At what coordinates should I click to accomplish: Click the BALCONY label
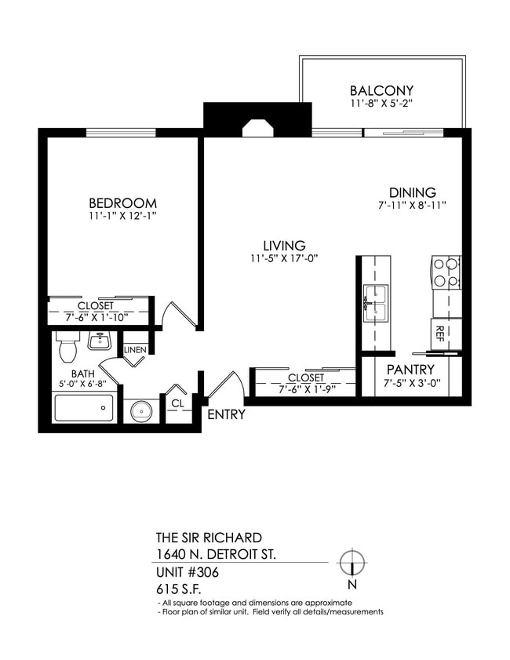pyautogui.click(x=381, y=90)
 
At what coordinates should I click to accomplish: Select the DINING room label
pyautogui.click(x=413, y=192)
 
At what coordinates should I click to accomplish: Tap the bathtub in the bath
pyautogui.click(x=83, y=408)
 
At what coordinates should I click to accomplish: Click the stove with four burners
pyautogui.click(x=446, y=273)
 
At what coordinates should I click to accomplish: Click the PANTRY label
pyautogui.click(x=410, y=370)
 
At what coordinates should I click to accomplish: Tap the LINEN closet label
pyautogui.click(x=134, y=349)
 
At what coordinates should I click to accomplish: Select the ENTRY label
pyautogui.click(x=226, y=414)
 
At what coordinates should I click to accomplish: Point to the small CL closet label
pyautogui.click(x=177, y=403)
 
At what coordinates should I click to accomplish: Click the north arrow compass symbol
pyautogui.click(x=352, y=563)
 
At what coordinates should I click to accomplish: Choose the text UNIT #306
pyautogui.click(x=188, y=572)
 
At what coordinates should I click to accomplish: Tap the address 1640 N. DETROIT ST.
pyautogui.click(x=216, y=555)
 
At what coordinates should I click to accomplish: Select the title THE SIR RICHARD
pyautogui.click(x=209, y=538)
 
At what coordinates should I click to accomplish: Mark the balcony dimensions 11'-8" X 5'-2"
pyautogui.click(x=381, y=104)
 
